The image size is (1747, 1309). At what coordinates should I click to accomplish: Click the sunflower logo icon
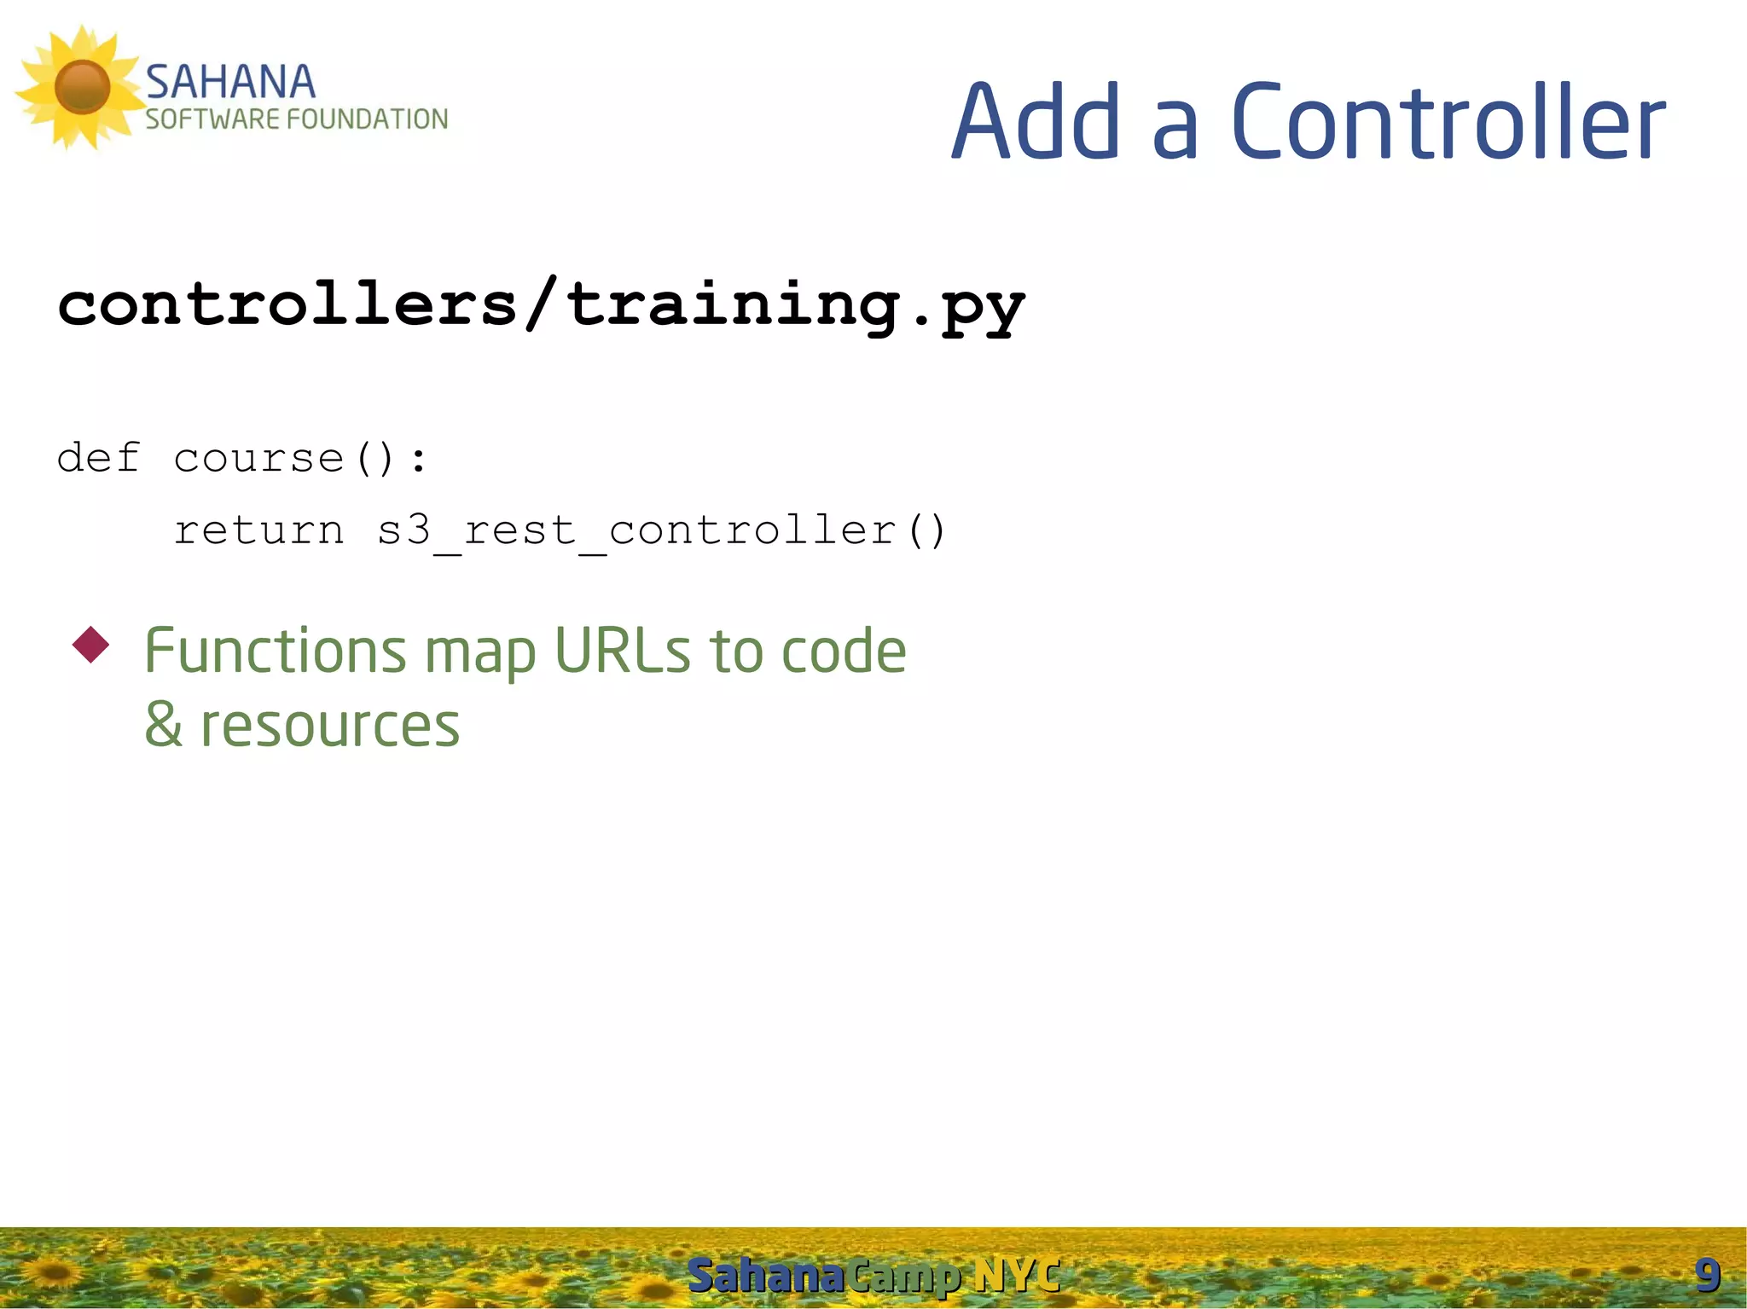81,87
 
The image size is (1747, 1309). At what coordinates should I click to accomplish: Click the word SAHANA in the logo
230,83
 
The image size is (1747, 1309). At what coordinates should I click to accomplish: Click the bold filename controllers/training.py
541,306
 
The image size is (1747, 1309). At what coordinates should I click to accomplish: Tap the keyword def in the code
98,458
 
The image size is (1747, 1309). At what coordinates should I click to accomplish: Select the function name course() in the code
286,459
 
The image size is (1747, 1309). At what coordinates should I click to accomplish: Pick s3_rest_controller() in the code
662,531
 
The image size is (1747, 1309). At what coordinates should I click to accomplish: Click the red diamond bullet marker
91,645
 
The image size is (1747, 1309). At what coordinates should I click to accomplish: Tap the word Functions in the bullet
275,651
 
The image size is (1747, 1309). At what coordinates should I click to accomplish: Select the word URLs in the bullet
622,651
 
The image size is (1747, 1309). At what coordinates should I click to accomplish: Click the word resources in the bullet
329,727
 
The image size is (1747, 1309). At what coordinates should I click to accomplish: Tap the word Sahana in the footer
765,1276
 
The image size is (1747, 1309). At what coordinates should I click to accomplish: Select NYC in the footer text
1017,1276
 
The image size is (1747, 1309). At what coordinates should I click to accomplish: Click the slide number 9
1707,1275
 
